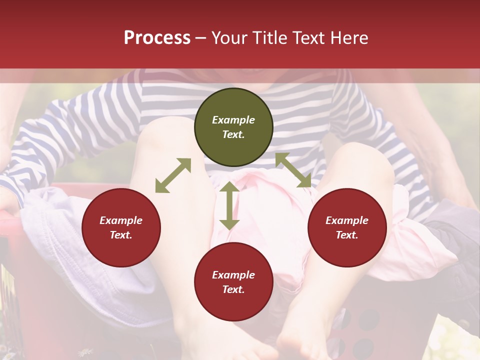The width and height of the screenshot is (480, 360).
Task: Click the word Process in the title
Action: (157, 38)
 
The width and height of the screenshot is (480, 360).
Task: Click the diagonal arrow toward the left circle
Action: (173, 175)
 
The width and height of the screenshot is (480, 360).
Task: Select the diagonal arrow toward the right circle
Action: (293, 170)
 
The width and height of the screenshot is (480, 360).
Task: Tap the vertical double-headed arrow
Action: (229, 205)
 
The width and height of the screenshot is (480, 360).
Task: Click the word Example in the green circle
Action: (233, 120)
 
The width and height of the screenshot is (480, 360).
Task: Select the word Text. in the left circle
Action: (121, 235)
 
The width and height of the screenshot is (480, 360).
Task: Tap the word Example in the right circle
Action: (347, 220)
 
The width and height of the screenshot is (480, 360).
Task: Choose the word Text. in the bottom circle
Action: (233, 289)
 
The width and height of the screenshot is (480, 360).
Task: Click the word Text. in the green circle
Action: (233, 134)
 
